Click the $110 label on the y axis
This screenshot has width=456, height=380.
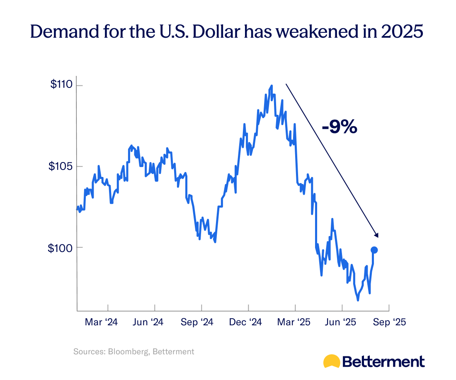coord(61,85)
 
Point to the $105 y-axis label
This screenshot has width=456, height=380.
coord(61,166)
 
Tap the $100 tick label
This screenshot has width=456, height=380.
coord(61,248)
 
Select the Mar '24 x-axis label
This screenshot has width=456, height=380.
coord(101,322)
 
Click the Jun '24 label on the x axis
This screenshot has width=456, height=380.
coord(148,322)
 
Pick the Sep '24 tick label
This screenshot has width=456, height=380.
coord(197,322)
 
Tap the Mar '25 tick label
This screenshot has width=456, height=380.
coord(292,322)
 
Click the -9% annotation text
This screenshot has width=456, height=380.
coord(339,127)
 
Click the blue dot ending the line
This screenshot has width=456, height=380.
coord(374,250)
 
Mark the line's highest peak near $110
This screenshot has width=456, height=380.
coord(272,86)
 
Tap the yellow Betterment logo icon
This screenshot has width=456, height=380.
coord(332,361)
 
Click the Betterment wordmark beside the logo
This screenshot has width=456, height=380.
coord(383,361)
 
